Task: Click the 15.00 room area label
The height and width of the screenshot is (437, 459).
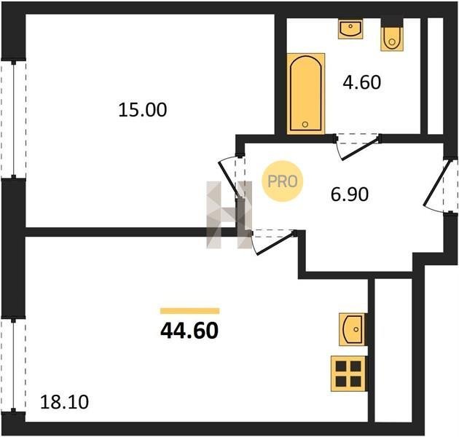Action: (x=143, y=110)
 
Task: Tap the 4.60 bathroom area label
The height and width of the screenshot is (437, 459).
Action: (x=362, y=82)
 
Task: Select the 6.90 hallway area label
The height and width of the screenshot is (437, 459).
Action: (x=350, y=194)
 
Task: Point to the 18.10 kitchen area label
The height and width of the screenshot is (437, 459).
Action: (x=64, y=402)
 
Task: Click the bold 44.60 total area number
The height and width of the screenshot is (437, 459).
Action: (x=189, y=331)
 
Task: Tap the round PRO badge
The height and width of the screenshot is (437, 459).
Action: (x=283, y=181)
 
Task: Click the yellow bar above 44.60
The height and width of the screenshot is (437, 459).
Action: (x=189, y=311)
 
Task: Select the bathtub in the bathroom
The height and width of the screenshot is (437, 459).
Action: (x=306, y=94)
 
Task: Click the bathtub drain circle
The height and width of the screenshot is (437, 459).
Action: (x=305, y=125)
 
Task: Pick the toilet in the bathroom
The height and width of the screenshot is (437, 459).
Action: (x=392, y=35)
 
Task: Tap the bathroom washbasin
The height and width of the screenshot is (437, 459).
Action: (x=350, y=28)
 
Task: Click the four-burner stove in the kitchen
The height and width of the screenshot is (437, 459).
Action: (x=348, y=374)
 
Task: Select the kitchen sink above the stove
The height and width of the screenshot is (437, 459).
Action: (x=352, y=329)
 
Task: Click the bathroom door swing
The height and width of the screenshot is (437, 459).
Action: (x=358, y=147)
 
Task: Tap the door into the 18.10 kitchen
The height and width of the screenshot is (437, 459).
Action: (x=272, y=243)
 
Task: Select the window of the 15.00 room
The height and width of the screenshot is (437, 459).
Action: (x=13, y=119)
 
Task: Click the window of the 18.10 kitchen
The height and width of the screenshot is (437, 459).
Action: (x=13, y=365)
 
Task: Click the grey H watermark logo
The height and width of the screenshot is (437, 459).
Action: (x=229, y=215)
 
